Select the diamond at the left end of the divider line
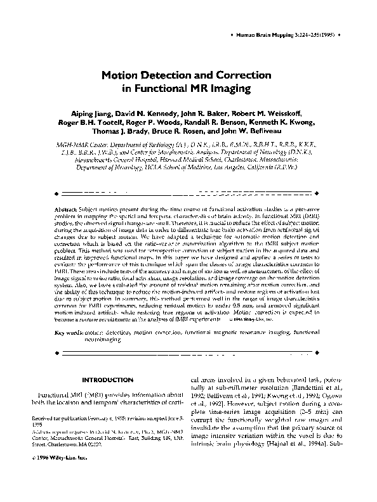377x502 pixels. coord(58,191)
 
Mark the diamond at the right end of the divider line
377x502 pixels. coord(317,191)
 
